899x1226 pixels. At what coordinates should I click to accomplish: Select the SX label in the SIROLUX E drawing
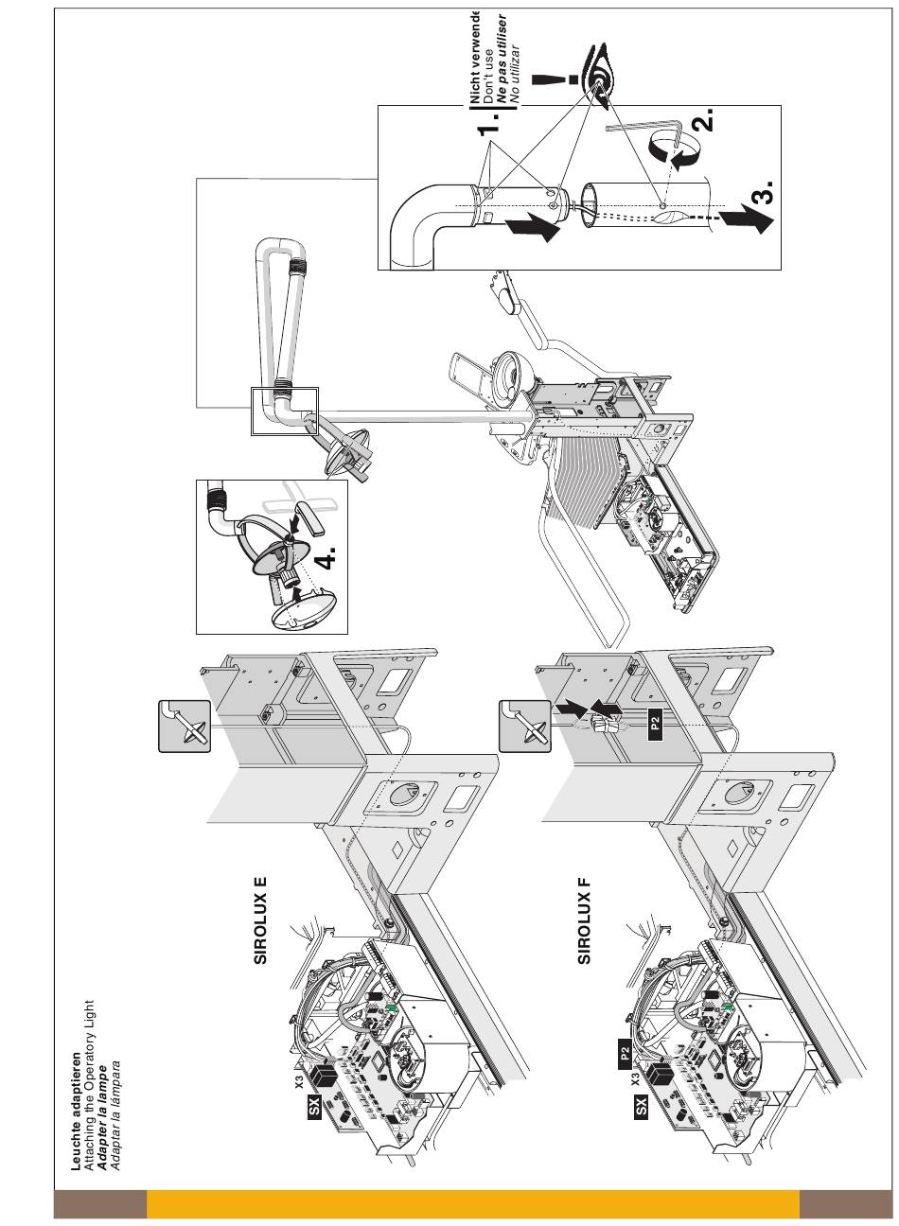click(x=316, y=1112)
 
